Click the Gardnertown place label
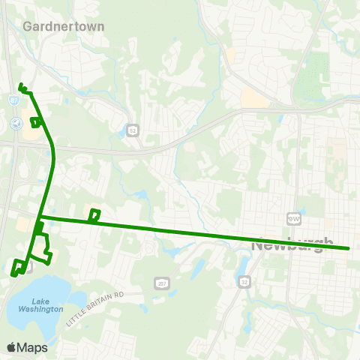(x=64, y=25)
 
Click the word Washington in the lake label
(x=42, y=308)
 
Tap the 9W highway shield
(x=292, y=218)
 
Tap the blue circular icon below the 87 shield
(x=14, y=122)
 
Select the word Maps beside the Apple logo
(x=34, y=347)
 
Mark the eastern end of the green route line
(x=349, y=247)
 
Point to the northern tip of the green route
(x=20, y=85)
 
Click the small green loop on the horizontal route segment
(x=94, y=216)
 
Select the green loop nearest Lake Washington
(x=17, y=266)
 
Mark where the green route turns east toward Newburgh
(x=41, y=217)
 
